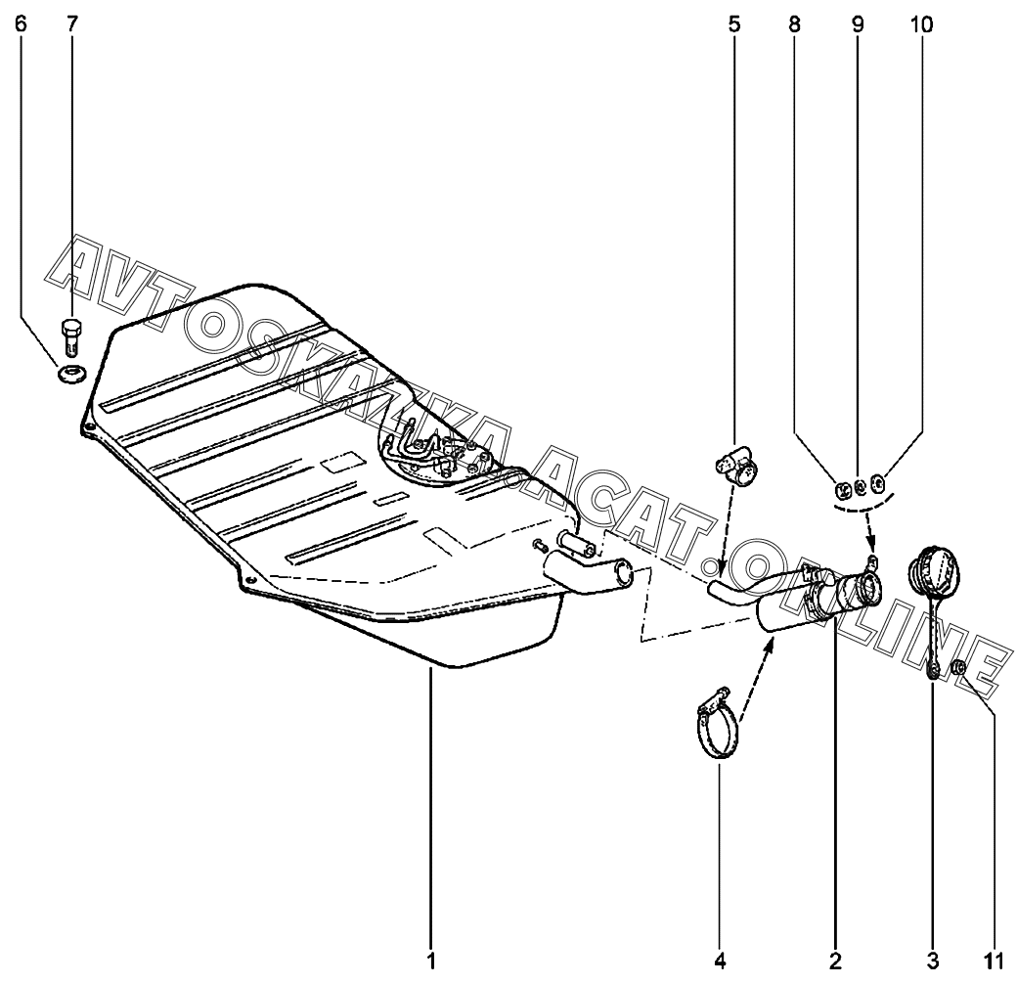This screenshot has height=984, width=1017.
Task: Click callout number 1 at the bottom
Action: (x=429, y=960)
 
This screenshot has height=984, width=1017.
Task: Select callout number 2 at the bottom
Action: (x=834, y=960)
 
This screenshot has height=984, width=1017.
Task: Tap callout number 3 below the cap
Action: (x=932, y=960)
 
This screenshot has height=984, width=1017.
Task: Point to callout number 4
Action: (x=720, y=960)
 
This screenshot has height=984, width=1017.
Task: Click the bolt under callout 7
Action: (x=71, y=338)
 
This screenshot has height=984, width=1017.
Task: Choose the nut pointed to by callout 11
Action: (x=958, y=667)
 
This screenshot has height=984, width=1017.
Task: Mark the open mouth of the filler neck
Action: (x=865, y=592)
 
